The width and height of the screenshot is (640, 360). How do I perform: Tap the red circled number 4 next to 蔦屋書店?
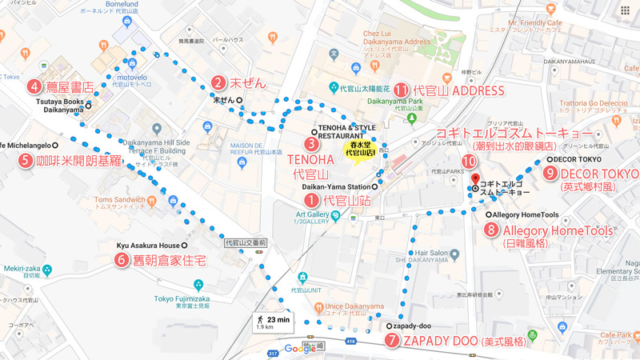(x=35, y=86)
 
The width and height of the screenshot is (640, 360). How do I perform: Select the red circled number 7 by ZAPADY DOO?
(x=392, y=340)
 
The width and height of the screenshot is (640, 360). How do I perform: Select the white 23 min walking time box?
(x=272, y=323)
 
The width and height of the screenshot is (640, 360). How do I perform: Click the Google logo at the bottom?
(x=300, y=348)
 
